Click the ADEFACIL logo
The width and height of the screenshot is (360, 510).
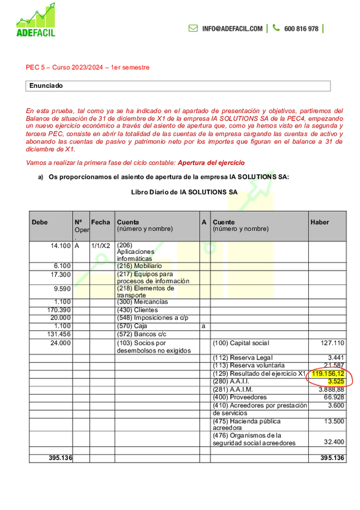click(36, 20)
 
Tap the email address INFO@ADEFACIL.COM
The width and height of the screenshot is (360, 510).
click(232, 28)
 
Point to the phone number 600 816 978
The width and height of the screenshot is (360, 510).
click(301, 28)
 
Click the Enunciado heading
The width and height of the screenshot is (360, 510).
click(46, 85)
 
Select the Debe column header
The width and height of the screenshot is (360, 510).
click(40, 222)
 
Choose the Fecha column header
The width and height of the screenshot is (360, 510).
click(100, 222)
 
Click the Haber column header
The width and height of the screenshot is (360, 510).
click(320, 222)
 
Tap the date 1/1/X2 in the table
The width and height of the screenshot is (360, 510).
click(100, 245)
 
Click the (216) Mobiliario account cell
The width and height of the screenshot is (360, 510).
click(139, 265)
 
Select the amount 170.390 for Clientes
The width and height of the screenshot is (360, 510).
click(59, 310)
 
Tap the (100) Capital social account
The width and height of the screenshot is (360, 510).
click(241, 342)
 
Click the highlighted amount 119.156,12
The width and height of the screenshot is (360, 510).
click(328, 373)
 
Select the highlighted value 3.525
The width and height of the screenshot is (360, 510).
click(335, 381)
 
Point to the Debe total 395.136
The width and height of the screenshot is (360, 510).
click(60, 458)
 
